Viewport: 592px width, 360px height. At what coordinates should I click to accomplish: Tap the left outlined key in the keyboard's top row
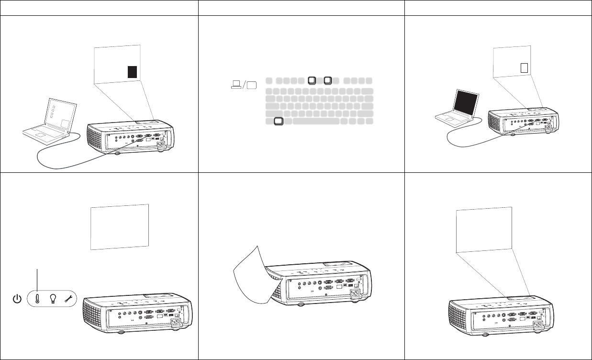click(312, 80)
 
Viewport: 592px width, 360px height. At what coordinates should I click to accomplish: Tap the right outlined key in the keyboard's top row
click(328, 80)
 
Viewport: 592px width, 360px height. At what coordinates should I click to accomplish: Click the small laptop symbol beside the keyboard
click(235, 85)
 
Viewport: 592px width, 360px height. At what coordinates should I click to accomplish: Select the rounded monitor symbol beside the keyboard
click(252, 85)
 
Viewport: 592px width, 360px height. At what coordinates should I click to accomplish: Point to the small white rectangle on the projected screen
click(524, 67)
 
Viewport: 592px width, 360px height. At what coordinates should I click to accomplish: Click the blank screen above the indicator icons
click(120, 226)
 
